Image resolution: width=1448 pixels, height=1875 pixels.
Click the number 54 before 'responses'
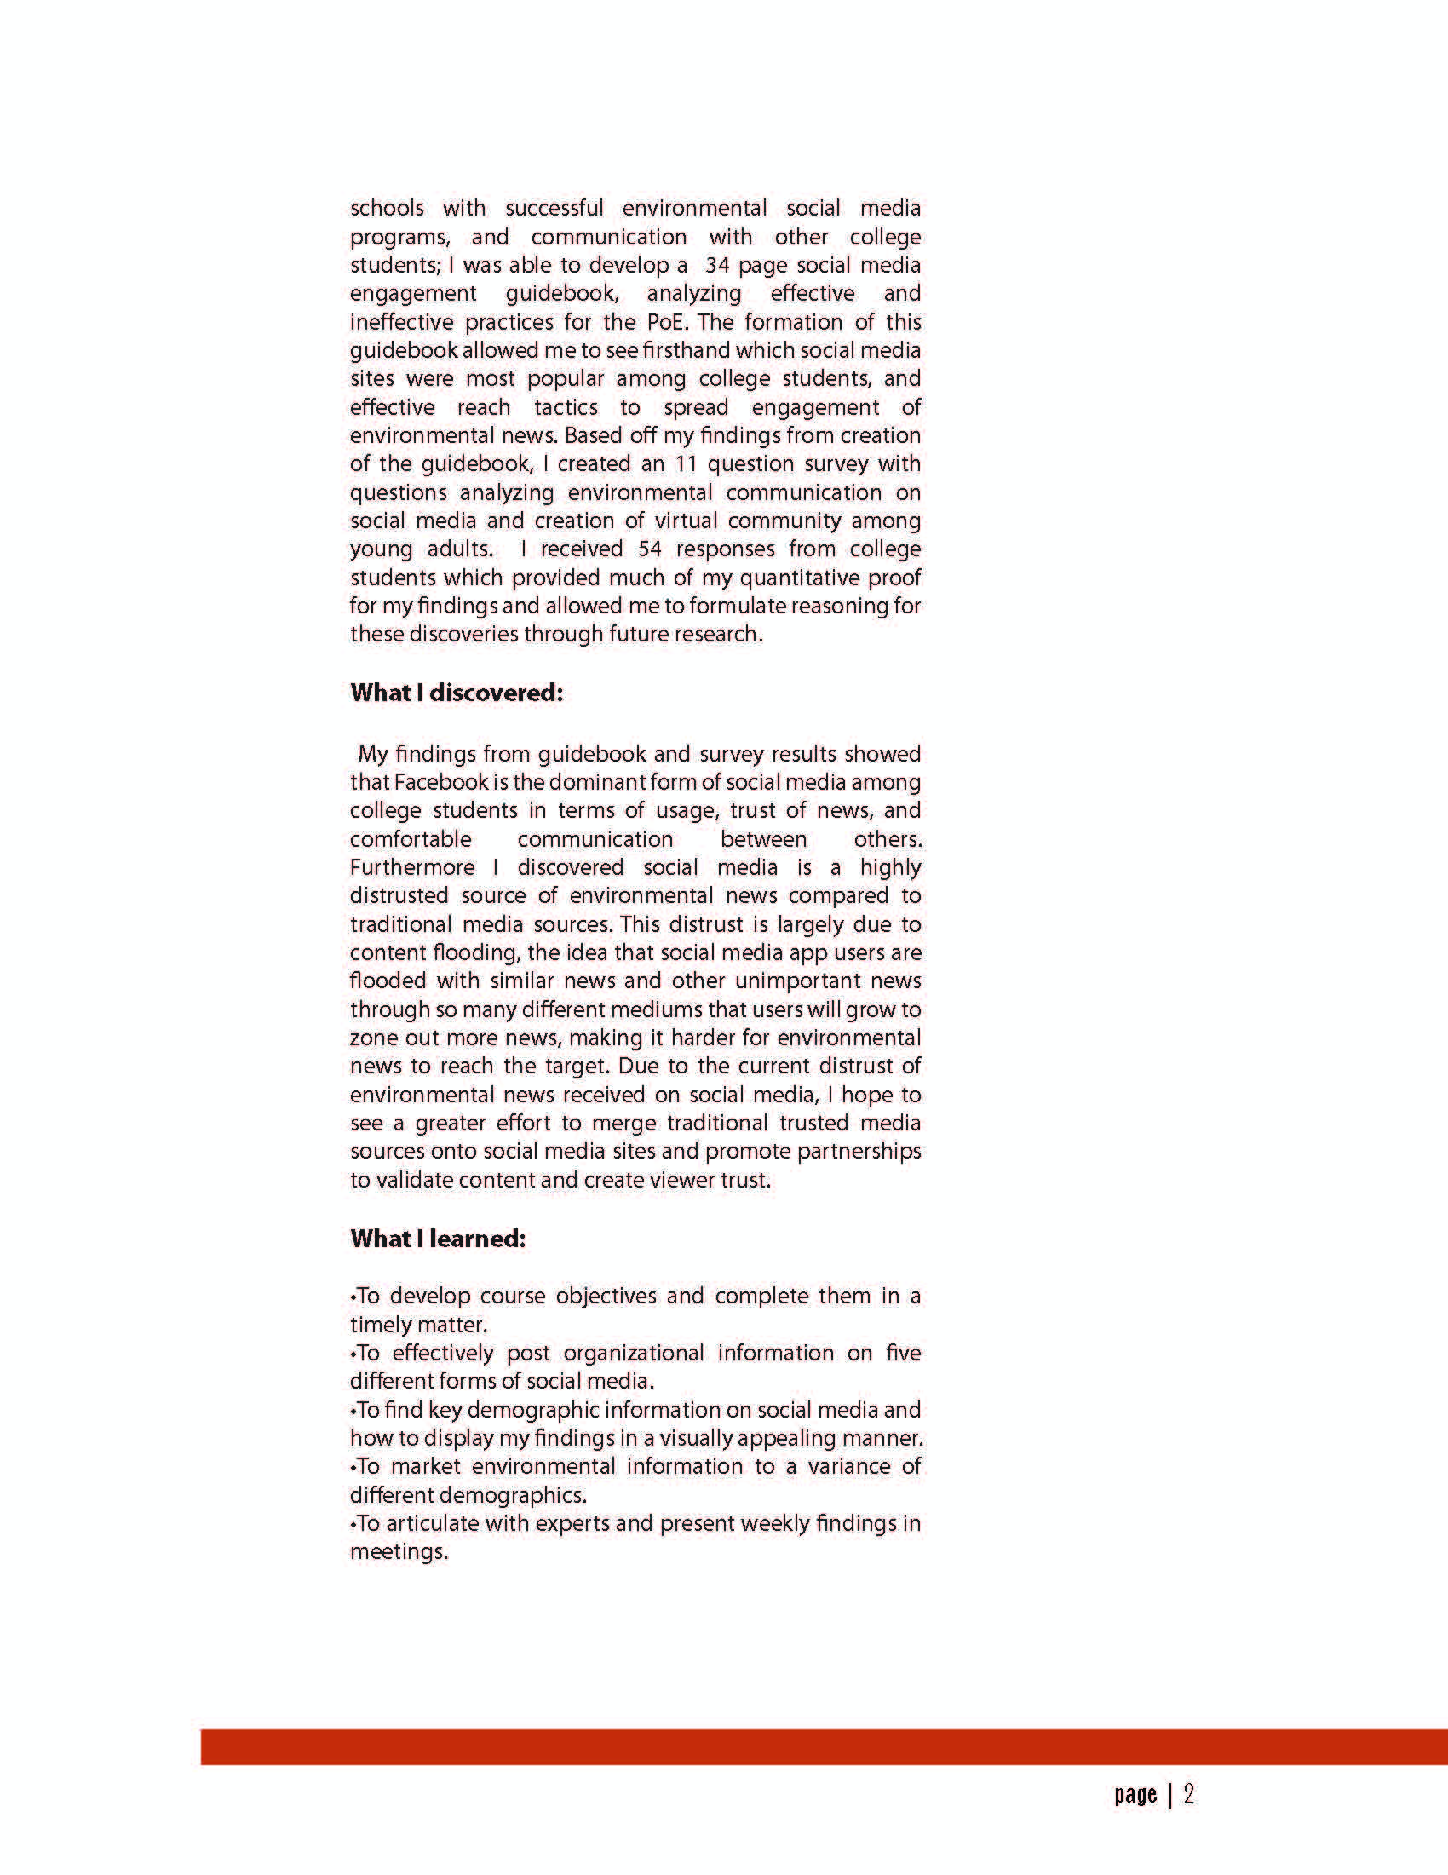click(650, 549)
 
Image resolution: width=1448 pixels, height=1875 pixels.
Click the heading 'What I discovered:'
click(457, 693)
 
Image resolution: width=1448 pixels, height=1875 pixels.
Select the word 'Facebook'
click(440, 782)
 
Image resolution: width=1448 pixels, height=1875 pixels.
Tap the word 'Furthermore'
click(412, 867)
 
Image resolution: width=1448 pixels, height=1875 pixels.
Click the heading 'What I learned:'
click(438, 1238)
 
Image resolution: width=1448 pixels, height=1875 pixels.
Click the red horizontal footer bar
click(824, 1748)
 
